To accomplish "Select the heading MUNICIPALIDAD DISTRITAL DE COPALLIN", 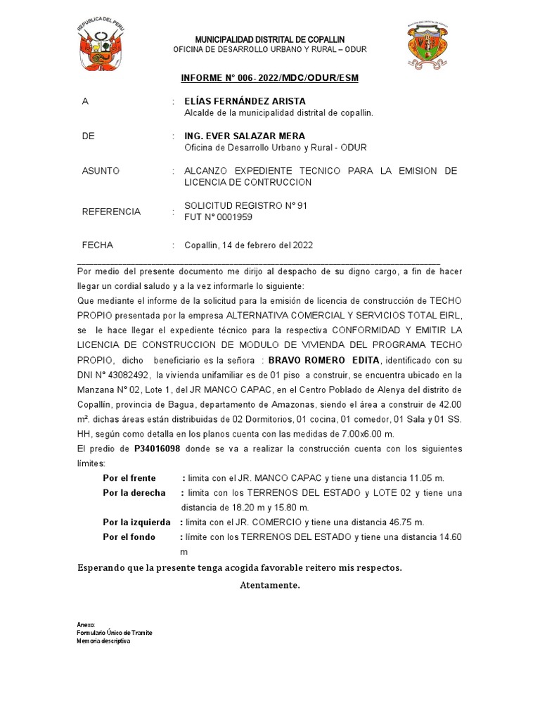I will click(269, 39).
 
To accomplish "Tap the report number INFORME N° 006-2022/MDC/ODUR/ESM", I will click(269, 77).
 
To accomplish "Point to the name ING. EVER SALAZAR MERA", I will click(235, 136).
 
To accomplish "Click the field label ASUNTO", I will click(101, 171).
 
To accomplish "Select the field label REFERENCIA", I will click(111, 212).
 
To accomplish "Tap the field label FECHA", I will click(98, 245).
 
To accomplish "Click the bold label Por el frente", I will click(129, 478).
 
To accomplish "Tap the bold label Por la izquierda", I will click(136, 522).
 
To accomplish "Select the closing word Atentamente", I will click(269, 585).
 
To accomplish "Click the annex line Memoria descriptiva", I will click(103, 641).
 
